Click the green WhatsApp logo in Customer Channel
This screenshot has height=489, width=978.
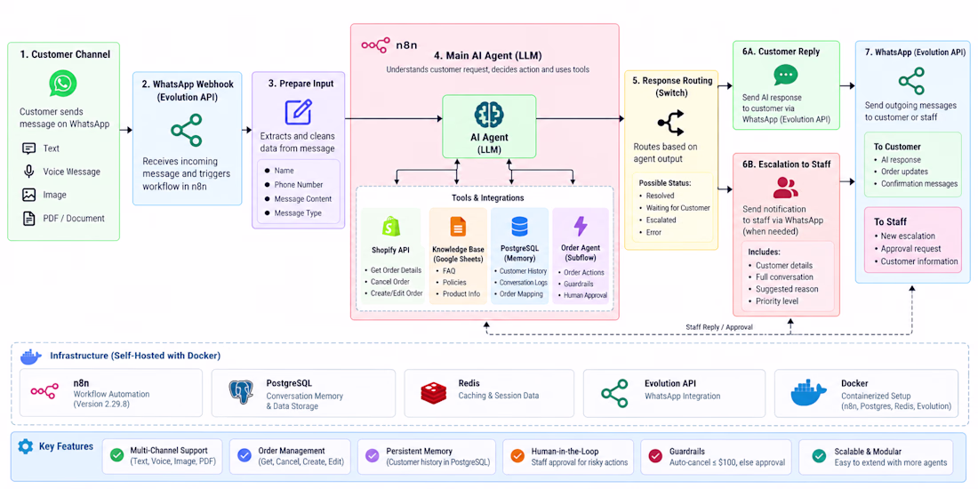[x=64, y=83]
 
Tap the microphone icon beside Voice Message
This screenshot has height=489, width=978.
[x=28, y=172]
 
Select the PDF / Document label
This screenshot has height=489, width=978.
[x=74, y=219]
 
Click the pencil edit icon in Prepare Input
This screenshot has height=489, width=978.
[x=298, y=112]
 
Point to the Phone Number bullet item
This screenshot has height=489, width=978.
[x=298, y=185]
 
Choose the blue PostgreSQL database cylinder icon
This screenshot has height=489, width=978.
[x=519, y=227]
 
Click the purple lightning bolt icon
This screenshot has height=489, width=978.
[x=581, y=227]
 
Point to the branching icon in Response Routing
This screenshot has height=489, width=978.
[x=670, y=123]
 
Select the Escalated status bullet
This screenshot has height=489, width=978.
[x=661, y=220]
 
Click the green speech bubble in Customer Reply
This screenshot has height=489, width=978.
[x=785, y=75]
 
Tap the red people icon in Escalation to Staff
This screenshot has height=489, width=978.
[x=785, y=187]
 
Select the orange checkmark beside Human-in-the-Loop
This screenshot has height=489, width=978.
[x=517, y=456]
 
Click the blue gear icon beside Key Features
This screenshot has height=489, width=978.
[x=26, y=446]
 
